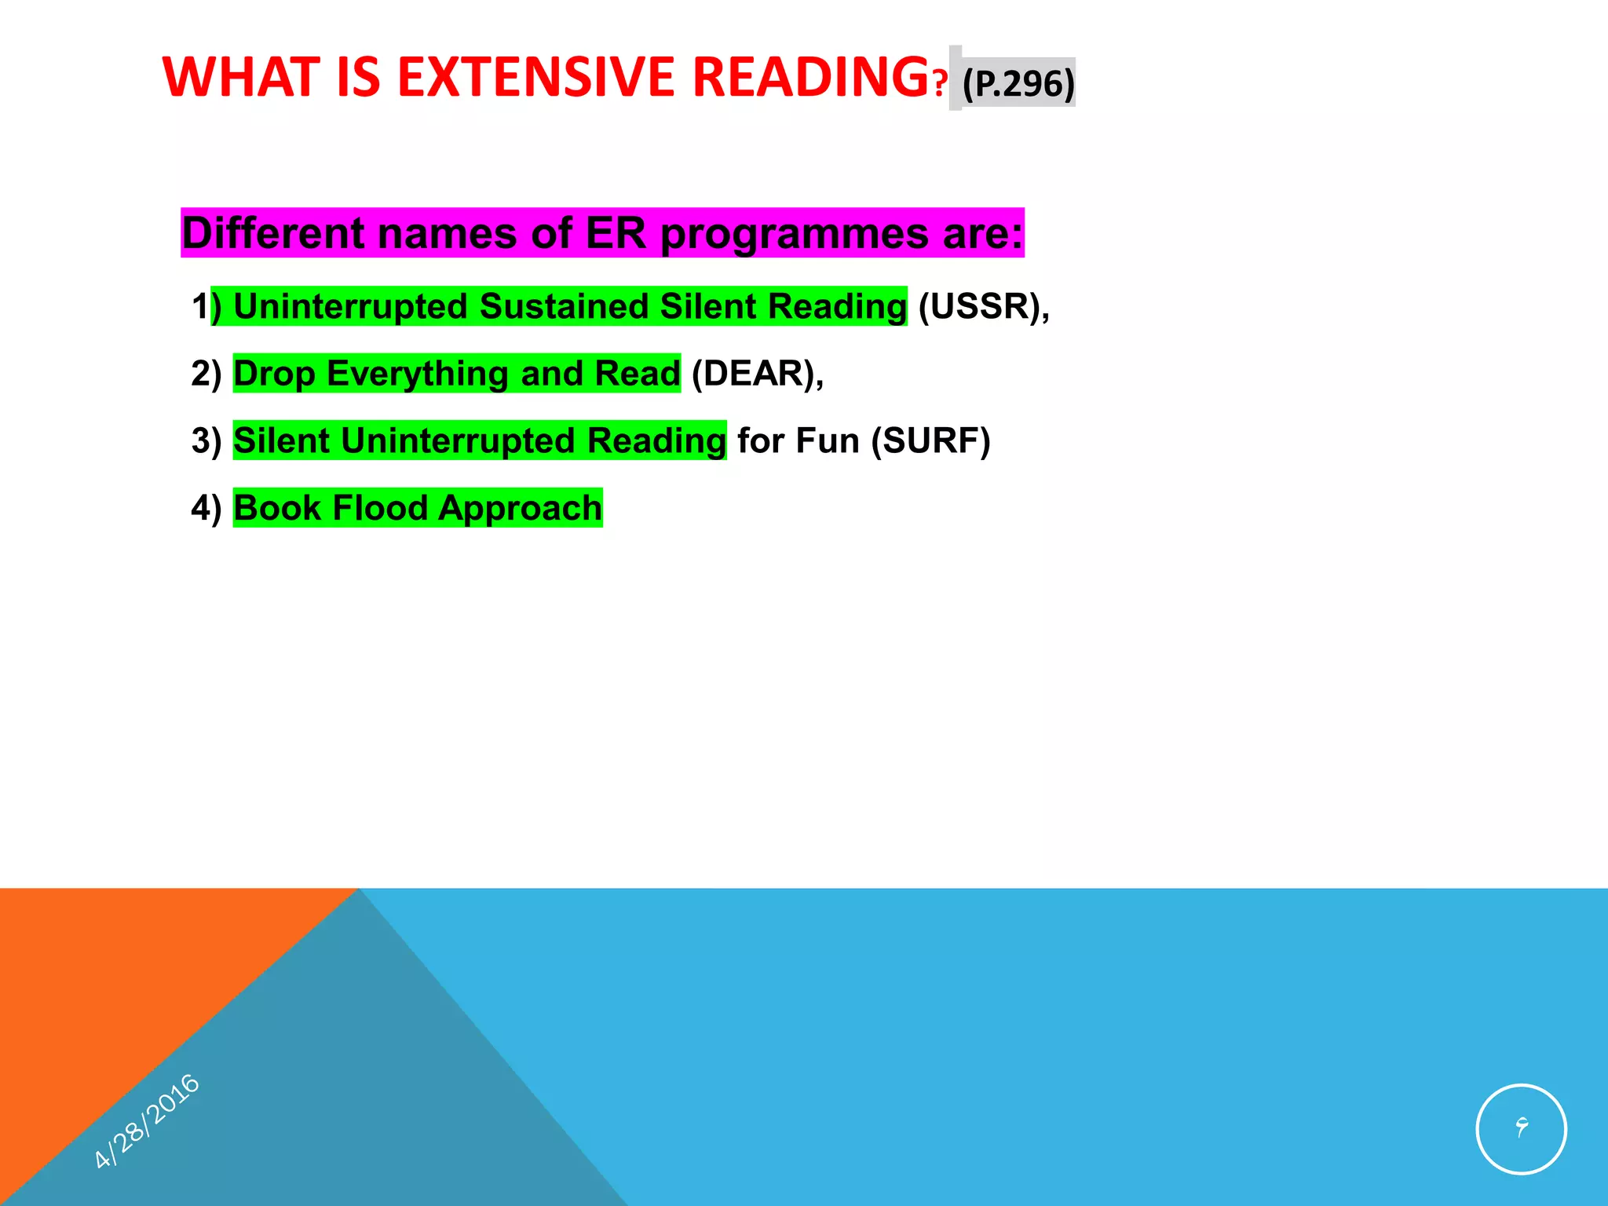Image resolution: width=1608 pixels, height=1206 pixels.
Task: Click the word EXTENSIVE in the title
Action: (535, 77)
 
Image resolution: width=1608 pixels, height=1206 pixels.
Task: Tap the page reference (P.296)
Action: (1018, 83)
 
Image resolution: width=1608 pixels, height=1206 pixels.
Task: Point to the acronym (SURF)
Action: (930, 440)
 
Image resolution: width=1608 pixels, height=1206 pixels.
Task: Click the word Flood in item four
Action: (378, 508)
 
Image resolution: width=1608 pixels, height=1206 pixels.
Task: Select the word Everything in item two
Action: (418, 374)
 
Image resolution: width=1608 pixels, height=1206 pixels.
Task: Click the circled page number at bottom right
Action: (1521, 1128)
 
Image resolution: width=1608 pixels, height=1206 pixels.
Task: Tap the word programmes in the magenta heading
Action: (794, 233)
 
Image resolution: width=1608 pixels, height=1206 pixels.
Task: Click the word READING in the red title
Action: (810, 77)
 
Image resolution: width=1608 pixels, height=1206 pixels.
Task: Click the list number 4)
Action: (206, 508)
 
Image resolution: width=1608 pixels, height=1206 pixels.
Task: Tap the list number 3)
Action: (206, 440)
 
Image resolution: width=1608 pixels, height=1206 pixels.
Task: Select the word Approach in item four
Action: (520, 508)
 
